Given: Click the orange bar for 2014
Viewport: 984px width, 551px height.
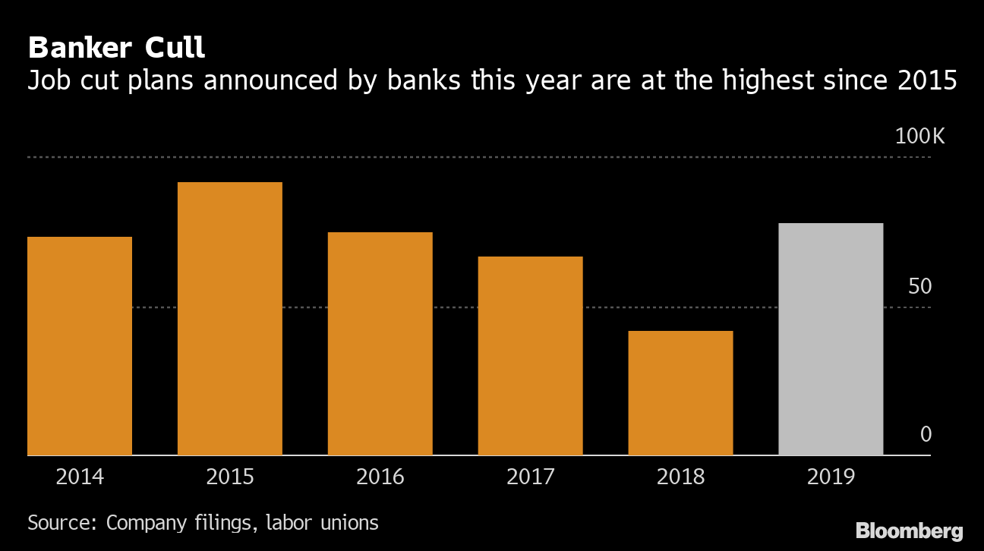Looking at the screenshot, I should (x=80, y=346).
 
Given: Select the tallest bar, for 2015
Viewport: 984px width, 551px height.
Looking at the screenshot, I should (x=230, y=319).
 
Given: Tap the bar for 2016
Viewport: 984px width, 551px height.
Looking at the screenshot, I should (x=380, y=344).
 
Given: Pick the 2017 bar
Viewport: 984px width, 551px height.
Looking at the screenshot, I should (x=531, y=356).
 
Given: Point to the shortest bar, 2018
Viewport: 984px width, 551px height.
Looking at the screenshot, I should (x=681, y=393).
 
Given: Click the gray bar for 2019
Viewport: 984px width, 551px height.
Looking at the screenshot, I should (x=831, y=339).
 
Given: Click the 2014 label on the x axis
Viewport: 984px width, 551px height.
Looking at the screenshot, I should (x=80, y=477).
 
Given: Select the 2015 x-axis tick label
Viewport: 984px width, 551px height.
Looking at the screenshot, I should (x=230, y=477).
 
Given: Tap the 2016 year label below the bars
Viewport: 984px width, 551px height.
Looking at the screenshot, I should (x=380, y=477).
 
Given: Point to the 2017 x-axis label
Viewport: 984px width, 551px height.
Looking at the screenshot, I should (x=531, y=477).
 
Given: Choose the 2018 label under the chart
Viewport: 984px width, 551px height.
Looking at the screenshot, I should (x=681, y=477).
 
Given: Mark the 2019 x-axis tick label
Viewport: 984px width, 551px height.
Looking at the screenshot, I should (x=831, y=477).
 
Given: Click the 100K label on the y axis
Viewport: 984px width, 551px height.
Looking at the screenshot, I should (x=919, y=137).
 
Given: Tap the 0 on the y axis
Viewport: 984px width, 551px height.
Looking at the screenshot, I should (x=926, y=435).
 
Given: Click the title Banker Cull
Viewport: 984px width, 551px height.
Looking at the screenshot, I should (x=116, y=49).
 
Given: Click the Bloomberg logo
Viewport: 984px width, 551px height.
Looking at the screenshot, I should (x=909, y=531).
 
